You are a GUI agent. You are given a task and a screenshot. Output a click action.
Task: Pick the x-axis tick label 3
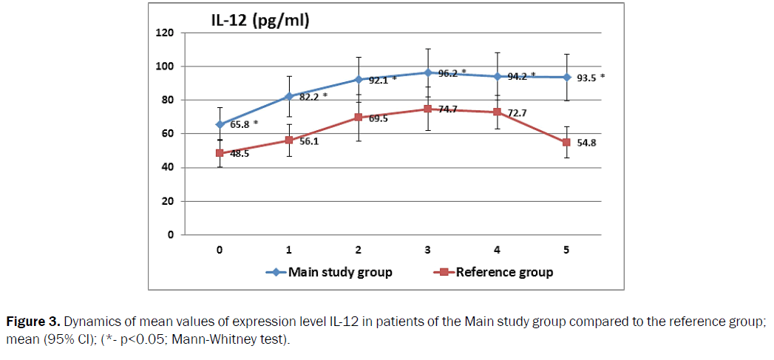[428, 250]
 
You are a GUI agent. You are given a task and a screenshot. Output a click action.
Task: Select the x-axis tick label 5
[566, 250]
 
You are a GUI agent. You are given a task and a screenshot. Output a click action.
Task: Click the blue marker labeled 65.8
[220, 124]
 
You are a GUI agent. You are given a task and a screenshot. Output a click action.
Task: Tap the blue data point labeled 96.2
[428, 72]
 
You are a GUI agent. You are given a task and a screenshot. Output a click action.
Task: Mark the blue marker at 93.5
[567, 77]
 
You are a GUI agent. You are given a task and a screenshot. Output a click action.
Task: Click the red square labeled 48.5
[220, 153]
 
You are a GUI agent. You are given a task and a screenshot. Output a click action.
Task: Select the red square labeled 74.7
[428, 109]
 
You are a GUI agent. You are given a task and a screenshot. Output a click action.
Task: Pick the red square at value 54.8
[567, 142]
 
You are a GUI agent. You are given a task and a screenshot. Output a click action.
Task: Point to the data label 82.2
[309, 96]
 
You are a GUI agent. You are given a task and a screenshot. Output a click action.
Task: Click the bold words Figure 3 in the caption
[32, 322]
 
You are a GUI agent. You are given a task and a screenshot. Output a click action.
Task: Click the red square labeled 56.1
[289, 140]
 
